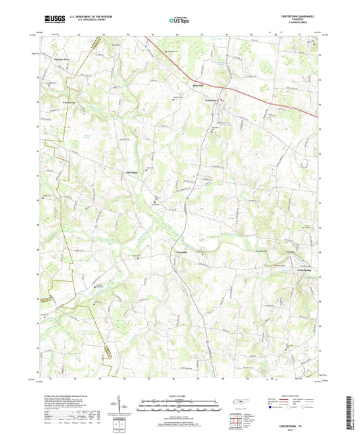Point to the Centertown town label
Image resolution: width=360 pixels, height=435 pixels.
[213, 101]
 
